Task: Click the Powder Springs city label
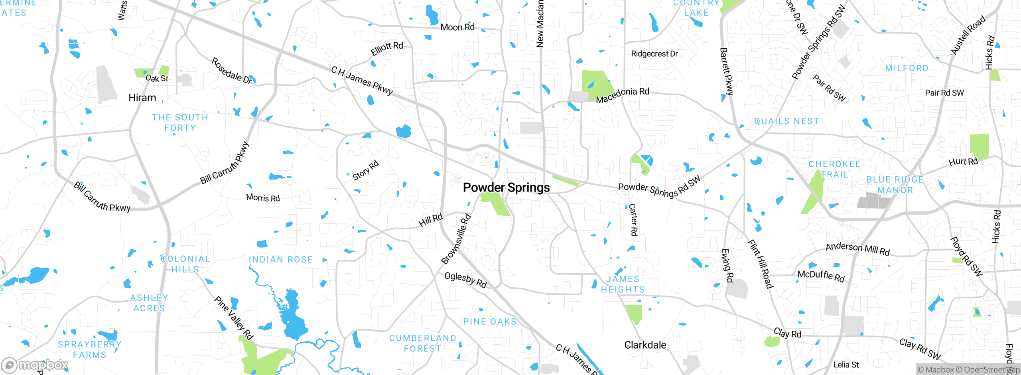[x=506, y=187]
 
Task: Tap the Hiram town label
[x=142, y=98]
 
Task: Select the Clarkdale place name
[x=645, y=345]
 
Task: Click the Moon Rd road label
[x=457, y=27]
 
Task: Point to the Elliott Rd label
[x=387, y=49]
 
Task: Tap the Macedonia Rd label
[x=622, y=95]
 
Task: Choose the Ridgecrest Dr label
[x=654, y=53]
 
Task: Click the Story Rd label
[x=365, y=170]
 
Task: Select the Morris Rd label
[x=263, y=197]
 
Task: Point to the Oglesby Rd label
[x=465, y=279]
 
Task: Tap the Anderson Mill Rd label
[x=857, y=249]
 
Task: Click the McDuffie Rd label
[x=821, y=276]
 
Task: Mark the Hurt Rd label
[x=963, y=162]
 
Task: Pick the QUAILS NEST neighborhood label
[x=786, y=121]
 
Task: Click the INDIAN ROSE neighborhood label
[x=281, y=260]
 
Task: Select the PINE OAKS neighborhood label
[x=489, y=322]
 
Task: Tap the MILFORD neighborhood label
[x=907, y=68]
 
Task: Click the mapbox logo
[x=35, y=365]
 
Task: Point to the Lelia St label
[x=846, y=365]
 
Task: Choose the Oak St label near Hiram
[x=157, y=78]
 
